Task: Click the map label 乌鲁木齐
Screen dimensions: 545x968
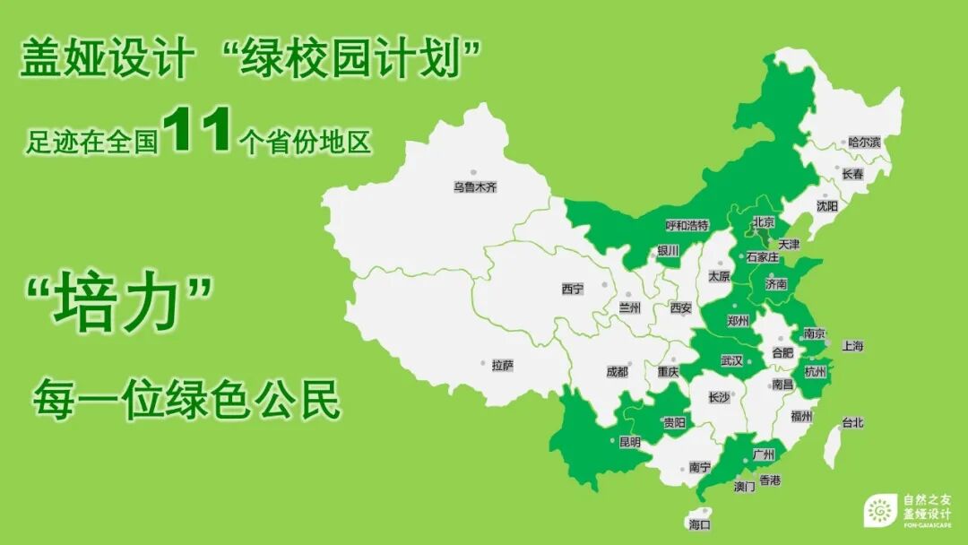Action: pyautogui.click(x=474, y=187)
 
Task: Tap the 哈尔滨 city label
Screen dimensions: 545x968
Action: pyautogui.click(x=865, y=143)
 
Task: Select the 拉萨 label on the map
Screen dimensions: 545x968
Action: pyautogui.click(x=502, y=365)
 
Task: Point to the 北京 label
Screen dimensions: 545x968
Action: pyautogui.click(x=764, y=222)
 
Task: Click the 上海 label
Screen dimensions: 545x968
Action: pyautogui.click(x=852, y=346)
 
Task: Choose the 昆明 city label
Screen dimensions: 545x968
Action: pyautogui.click(x=629, y=442)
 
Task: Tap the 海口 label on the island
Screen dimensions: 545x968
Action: pyautogui.click(x=699, y=523)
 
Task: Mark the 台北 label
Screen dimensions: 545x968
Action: pyautogui.click(x=851, y=423)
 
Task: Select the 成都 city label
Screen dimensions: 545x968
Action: pyautogui.click(x=617, y=371)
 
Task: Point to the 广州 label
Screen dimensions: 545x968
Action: pyautogui.click(x=764, y=454)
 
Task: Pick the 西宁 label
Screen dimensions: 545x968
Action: pyautogui.click(x=572, y=289)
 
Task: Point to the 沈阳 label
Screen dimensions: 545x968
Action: pyautogui.click(x=826, y=206)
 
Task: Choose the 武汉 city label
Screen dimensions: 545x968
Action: pyautogui.click(x=731, y=361)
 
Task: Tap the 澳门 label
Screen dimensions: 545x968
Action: pyautogui.click(x=744, y=487)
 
